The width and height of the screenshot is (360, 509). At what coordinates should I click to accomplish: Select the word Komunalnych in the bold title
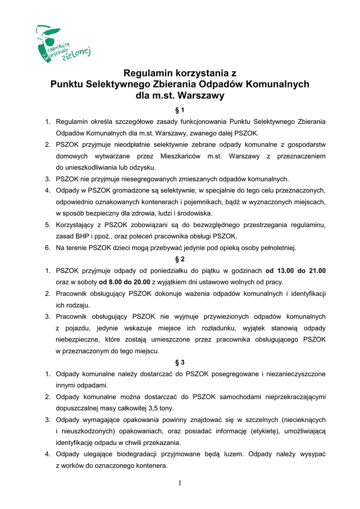(x=278, y=84)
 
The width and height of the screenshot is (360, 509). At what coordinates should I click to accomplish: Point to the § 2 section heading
(x=180, y=259)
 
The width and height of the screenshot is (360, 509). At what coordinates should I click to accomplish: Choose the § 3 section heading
(x=180, y=362)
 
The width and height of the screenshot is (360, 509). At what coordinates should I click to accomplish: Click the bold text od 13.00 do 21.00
(x=295, y=271)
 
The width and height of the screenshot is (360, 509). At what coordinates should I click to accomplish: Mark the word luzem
(x=234, y=454)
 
